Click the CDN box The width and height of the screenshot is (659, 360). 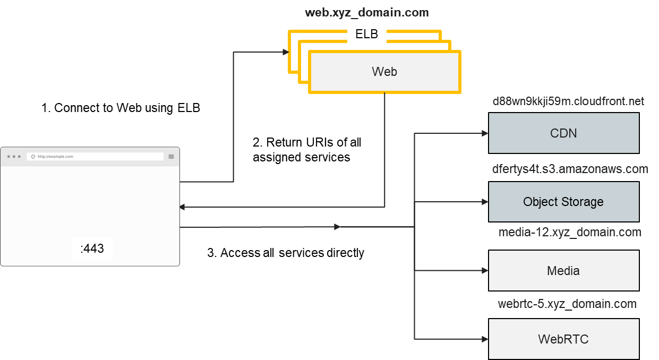(x=563, y=133)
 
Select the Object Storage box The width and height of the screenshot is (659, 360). (x=563, y=202)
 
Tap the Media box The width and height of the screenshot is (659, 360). (x=563, y=271)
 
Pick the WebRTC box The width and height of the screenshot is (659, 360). (x=563, y=339)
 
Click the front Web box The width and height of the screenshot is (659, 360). (x=384, y=72)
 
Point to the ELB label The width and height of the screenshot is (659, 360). (x=366, y=35)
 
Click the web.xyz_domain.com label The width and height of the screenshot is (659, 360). (x=366, y=12)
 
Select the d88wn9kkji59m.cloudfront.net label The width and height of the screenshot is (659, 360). (x=568, y=101)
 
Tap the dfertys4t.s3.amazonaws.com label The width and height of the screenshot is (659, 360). (x=570, y=169)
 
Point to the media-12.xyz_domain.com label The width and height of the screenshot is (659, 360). (x=570, y=232)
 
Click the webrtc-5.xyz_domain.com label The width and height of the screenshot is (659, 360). (x=567, y=304)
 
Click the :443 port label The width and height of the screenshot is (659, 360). (x=92, y=248)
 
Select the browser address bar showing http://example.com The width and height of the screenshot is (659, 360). (x=95, y=157)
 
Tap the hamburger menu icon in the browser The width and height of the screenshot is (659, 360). (x=172, y=157)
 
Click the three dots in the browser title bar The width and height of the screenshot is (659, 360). (x=14, y=157)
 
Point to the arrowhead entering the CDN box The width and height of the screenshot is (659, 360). (x=485, y=133)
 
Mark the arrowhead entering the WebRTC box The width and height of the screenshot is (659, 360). (x=485, y=339)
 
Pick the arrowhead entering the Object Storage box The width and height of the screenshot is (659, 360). (x=485, y=202)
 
